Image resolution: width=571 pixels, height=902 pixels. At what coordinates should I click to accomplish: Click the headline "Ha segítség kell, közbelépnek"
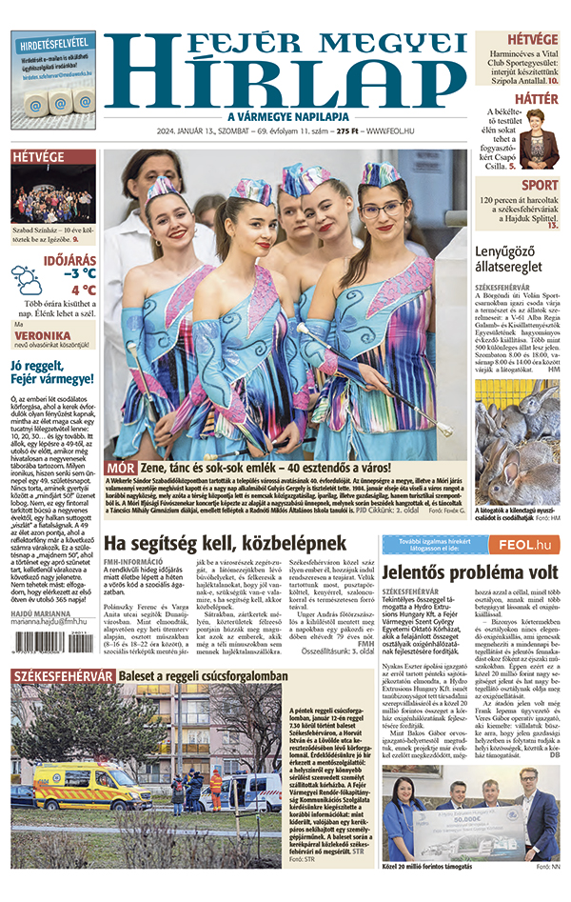click(x=224, y=543)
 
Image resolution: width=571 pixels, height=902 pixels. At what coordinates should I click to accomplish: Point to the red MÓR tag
click(x=120, y=468)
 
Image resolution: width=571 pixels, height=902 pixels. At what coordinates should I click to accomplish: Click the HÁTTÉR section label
click(x=539, y=99)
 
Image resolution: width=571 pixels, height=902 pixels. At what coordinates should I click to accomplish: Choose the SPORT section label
click(x=541, y=185)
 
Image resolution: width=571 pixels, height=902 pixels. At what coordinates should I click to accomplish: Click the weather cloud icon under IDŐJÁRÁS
click(x=27, y=279)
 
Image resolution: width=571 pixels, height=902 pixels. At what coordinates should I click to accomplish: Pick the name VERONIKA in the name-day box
click(x=43, y=336)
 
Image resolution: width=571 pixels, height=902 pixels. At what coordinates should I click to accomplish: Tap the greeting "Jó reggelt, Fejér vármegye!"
click(x=51, y=372)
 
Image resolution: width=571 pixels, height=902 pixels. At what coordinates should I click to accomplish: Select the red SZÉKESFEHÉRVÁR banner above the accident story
click(x=63, y=676)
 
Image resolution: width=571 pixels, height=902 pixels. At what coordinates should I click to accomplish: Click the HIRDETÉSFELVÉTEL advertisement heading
click(x=53, y=43)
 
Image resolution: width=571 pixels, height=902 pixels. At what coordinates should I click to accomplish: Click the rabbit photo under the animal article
click(x=517, y=442)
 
